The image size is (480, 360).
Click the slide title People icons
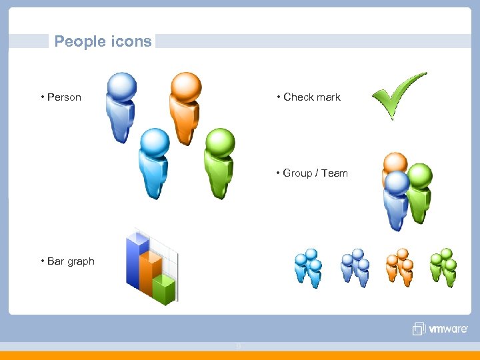(103, 41)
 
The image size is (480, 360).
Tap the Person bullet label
(64, 97)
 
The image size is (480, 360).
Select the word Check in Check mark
(299, 97)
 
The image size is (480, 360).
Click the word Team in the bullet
(334, 173)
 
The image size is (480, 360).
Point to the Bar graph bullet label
(71, 261)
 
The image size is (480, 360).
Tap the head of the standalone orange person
(185, 86)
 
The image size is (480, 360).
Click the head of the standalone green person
(220, 141)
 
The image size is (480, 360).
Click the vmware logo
(440, 329)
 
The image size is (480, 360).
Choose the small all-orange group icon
(400, 267)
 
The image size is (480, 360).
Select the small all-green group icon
(443, 267)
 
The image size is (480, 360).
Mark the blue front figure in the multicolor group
(397, 200)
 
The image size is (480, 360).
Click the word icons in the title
(133, 41)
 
